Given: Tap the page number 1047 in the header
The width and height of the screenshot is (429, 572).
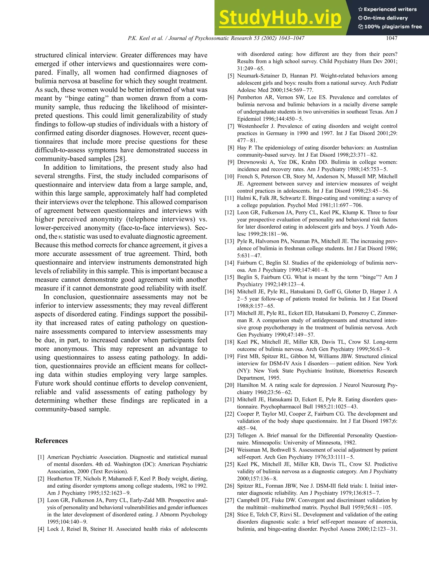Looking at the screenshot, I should (x=391, y=38).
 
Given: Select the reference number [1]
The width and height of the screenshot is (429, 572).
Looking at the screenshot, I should (x=41, y=457).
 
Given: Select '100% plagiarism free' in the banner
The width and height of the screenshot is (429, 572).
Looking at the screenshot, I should (x=393, y=27).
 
